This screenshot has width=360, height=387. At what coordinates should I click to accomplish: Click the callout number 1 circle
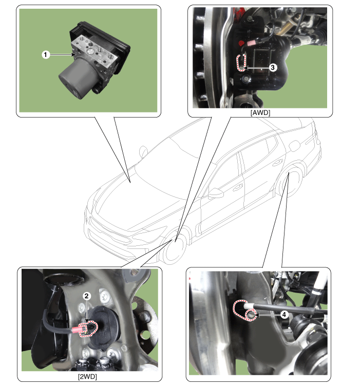[45, 54]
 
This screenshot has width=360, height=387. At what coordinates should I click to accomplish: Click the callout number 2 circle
[86, 296]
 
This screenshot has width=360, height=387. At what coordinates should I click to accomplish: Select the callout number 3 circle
[272, 67]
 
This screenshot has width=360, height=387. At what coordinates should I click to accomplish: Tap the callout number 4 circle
[284, 315]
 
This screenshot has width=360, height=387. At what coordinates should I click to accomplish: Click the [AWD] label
[260, 112]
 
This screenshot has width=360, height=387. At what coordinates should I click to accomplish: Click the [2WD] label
[87, 377]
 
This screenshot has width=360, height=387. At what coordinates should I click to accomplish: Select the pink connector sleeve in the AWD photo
[252, 43]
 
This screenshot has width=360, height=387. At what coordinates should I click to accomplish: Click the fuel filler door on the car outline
[294, 146]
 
